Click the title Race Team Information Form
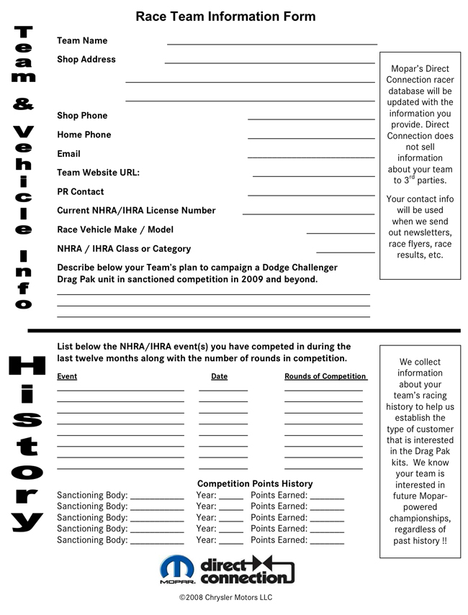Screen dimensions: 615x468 [225, 17]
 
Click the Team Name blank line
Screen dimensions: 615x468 [272, 45]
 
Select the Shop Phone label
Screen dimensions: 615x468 [82, 116]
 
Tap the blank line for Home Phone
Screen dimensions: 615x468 [311, 138]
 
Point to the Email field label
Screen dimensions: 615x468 [68, 154]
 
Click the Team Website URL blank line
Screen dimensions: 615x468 [313, 176]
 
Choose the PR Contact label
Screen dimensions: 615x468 [81, 192]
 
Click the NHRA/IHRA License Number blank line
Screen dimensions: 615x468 [308, 214]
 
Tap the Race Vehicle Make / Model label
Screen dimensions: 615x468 [115, 229]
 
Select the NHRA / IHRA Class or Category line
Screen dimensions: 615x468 [346, 252]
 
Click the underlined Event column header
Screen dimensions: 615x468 [67, 376]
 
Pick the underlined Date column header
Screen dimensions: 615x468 [220, 376]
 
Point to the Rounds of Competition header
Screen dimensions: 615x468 [325, 376]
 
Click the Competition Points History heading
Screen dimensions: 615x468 [255, 484]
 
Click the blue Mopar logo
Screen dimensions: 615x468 [176, 568]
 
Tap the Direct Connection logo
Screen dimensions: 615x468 [248, 570]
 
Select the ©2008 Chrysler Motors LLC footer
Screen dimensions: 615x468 [225, 598]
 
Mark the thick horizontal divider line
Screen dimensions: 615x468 [243, 331]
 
